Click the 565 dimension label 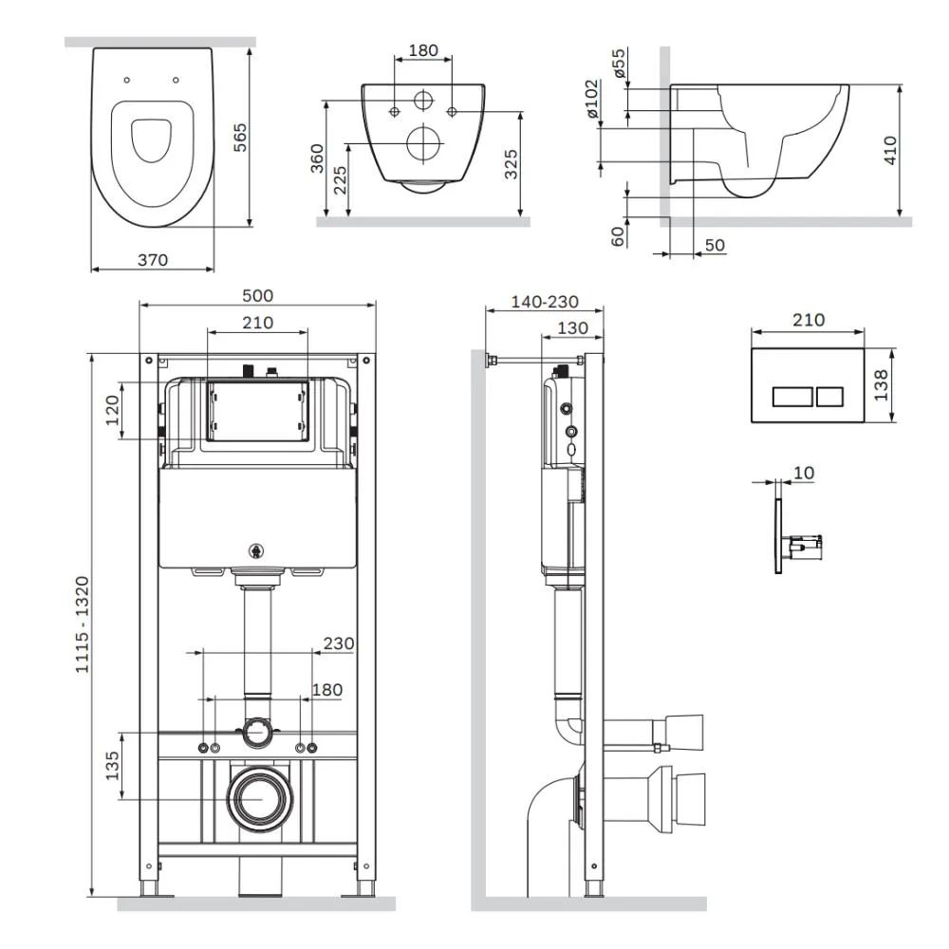click(x=240, y=137)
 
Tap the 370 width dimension click(x=153, y=260)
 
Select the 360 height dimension click(x=317, y=158)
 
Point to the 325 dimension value click(x=512, y=164)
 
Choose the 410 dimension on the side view click(x=890, y=150)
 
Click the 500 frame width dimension click(x=258, y=295)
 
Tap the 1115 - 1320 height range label click(x=82, y=624)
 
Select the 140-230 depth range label click(x=545, y=302)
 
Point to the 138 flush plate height click(x=881, y=385)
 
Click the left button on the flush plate click(x=792, y=397)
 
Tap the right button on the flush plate click(x=829, y=397)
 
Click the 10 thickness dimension click(x=804, y=472)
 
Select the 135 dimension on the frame click(x=112, y=766)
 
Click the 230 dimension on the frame click(x=339, y=642)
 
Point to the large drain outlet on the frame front click(x=261, y=799)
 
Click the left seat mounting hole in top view click(x=126, y=80)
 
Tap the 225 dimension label click(x=341, y=179)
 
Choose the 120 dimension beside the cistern click(x=113, y=410)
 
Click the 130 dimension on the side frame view click(x=572, y=328)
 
